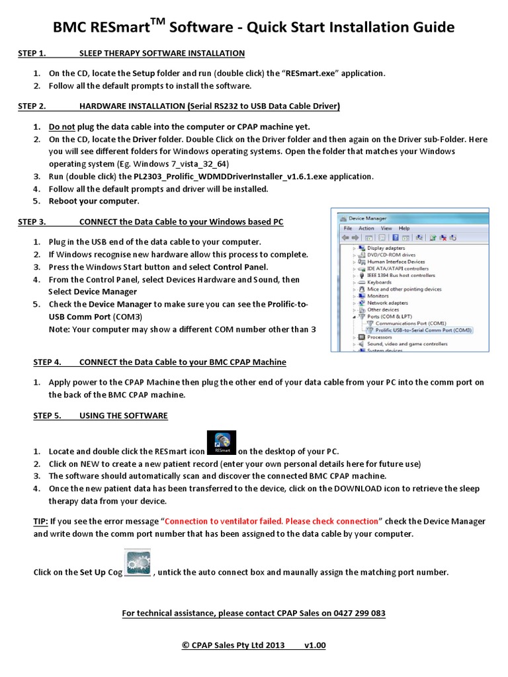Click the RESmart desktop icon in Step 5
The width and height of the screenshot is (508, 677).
click(x=222, y=443)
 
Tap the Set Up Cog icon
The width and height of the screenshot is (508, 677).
click(x=138, y=563)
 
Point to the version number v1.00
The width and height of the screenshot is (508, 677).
click(x=315, y=645)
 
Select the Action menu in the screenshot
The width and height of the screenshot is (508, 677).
click(x=366, y=228)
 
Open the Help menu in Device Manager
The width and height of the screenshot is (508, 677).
click(x=403, y=228)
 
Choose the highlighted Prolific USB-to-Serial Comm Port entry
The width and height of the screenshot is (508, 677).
click(x=423, y=330)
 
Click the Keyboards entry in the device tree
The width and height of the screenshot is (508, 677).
click(x=379, y=282)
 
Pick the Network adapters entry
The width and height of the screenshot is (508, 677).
click(x=387, y=303)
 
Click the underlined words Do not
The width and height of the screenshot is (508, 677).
click(x=62, y=126)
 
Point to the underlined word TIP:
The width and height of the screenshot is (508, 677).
click(x=41, y=522)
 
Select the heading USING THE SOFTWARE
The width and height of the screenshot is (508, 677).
click(x=123, y=416)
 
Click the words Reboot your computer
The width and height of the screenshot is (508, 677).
click(x=94, y=201)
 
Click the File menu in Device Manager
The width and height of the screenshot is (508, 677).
click(x=347, y=228)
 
